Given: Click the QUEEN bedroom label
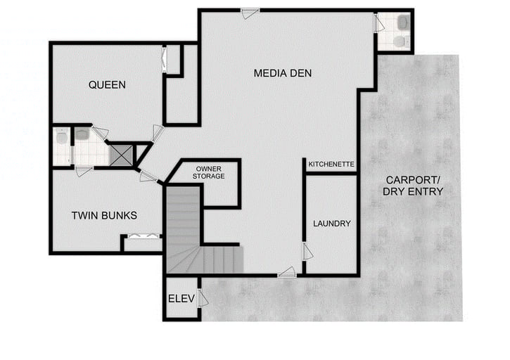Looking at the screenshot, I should click(107, 85).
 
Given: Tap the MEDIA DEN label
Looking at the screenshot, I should click(282, 73).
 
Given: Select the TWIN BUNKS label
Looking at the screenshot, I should click(104, 215).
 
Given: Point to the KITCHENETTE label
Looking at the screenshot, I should click(331, 165).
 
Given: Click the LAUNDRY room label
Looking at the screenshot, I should click(331, 224).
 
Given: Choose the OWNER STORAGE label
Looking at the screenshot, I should click(210, 172).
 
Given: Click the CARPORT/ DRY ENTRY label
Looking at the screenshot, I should click(414, 185).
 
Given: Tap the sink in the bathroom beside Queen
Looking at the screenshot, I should click(82, 134).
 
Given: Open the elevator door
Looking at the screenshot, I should click(203, 298).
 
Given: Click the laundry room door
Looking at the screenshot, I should click(307, 251).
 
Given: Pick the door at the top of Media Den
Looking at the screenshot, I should click(250, 12).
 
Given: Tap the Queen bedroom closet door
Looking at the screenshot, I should click(165, 60).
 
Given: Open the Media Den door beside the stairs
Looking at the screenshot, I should click(286, 272).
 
